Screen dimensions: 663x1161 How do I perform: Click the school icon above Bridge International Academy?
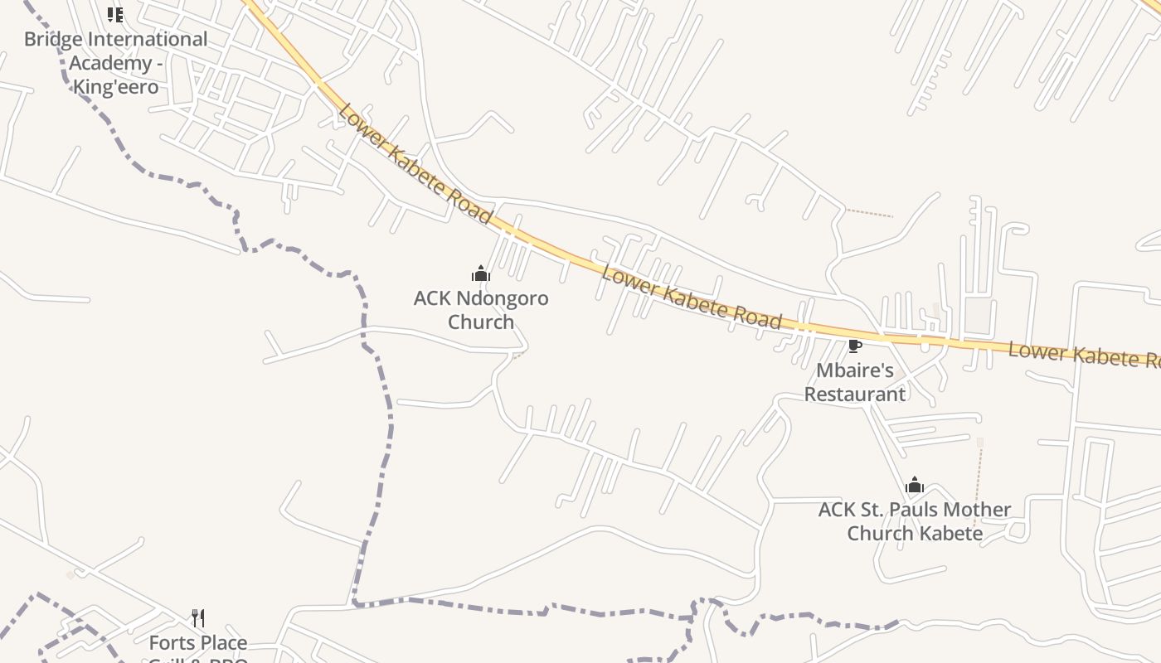click(x=115, y=14)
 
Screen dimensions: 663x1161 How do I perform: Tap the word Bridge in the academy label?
click(x=53, y=39)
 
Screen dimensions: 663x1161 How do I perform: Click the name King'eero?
click(x=115, y=86)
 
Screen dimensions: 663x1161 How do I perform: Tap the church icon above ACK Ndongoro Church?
click(x=481, y=273)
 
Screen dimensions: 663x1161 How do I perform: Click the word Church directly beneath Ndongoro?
click(x=481, y=322)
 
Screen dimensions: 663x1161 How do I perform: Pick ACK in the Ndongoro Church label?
click(x=433, y=298)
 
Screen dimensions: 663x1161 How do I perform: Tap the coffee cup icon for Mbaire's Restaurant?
click(x=854, y=346)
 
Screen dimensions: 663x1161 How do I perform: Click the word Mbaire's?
click(x=855, y=370)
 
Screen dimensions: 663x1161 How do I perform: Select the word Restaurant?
click(x=855, y=394)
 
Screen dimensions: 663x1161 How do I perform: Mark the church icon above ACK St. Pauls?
click(x=915, y=485)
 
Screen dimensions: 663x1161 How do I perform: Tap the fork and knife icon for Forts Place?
click(x=198, y=618)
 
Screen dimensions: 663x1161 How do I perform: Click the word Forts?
click(x=172, y=642)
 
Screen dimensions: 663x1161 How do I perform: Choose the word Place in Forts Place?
click(x=223, y=642)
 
